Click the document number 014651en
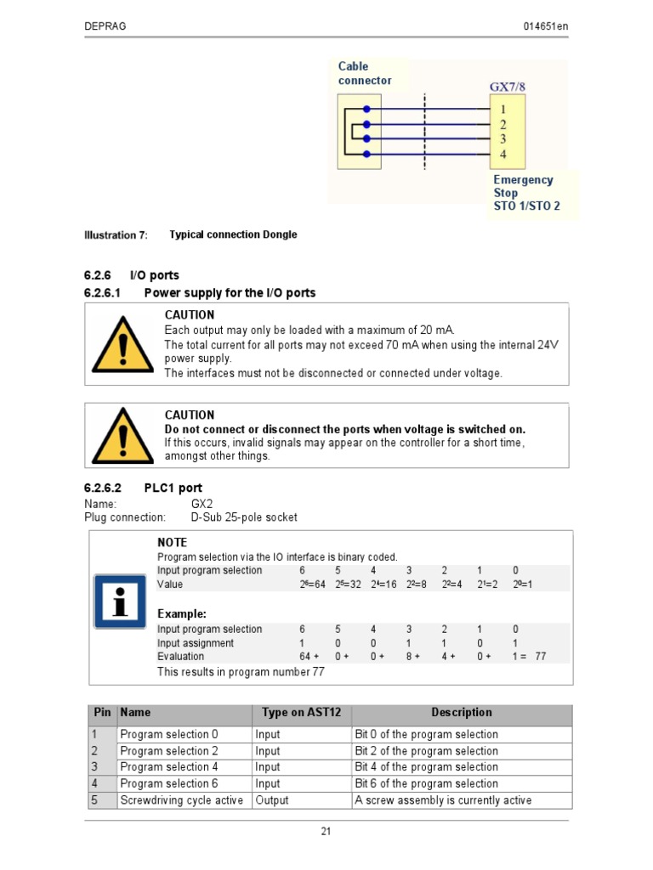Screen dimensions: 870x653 pyautogui.click(x=545, y=26)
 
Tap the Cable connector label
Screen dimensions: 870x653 pyautogui.click(x=365, y=73)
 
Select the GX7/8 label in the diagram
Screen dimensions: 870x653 pyautogui.click(x=512, y=87)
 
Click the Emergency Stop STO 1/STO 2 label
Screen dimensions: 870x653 pyautogui.click(x=526, y=193)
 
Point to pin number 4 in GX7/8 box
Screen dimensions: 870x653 pyautogui.click(x=503, y=155)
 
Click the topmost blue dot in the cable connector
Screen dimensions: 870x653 pyautogui.click(x=366, y=109)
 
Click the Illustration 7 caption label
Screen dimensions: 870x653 pyautogui.click(x=116, y=235)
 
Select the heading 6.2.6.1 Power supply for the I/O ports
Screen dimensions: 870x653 pyautogui.click(x=200, y=293)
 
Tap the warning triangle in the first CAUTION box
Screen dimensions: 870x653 pyautogui.click(x=122, y=344)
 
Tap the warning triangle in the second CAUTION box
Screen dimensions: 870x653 pyautogui.click(x=122, y=435)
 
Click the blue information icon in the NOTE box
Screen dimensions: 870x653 pyautogui.click(x=120, y=601)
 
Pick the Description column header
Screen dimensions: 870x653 pyautogui.click(x=462, y=713)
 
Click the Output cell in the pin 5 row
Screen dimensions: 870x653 pyautogui.click(x=272, y=800)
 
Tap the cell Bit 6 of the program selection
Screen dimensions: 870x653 pyautogui.click(x=426, y=783)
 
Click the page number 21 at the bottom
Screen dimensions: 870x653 pyautogui.click(x=326, y=832)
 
